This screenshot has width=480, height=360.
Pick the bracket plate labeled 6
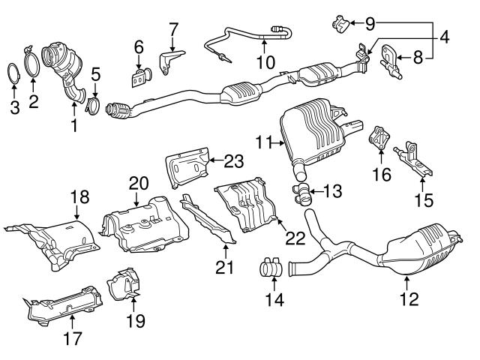coord(139,77)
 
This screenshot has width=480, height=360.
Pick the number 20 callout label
coord(139,183)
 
